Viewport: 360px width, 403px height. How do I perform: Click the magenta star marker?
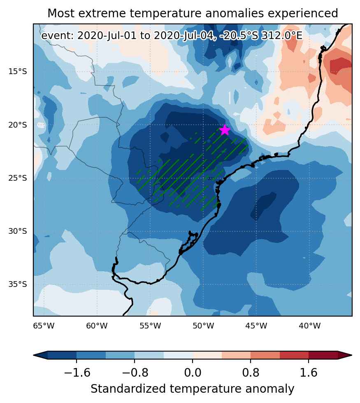[x=225, y=130]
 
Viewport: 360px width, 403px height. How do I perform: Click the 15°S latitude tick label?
[x=17, y=72]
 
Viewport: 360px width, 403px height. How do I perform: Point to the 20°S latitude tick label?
[x=17, y=125]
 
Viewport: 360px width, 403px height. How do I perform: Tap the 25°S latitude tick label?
[x=17, y=178]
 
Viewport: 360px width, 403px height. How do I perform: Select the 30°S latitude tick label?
[x=17, y=231]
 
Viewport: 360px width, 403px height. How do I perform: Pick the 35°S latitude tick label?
[x=17, y=284]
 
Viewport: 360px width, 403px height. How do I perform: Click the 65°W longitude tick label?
[x=44, y=326]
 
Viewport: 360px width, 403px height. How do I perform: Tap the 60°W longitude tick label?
[x=97, y=326]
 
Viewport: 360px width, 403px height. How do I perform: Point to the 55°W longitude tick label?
[x=150, y=326]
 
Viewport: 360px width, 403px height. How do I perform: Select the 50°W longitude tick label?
[x=203, y=326]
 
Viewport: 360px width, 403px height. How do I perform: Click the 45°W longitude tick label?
[x=256, y=326]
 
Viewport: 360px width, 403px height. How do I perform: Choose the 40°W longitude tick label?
[x=310, y=326]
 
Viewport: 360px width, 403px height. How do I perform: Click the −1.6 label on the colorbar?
[x=77, y=373]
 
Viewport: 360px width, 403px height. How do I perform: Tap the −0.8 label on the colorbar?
[x=135, y=373]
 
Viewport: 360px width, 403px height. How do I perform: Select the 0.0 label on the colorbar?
[x=193, y=373]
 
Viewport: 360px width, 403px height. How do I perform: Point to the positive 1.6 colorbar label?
[x=309, y=373]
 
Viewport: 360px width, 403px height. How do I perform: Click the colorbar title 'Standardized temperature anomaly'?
[x=193, y=389]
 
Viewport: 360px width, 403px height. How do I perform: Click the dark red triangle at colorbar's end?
[x=345, y=355]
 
